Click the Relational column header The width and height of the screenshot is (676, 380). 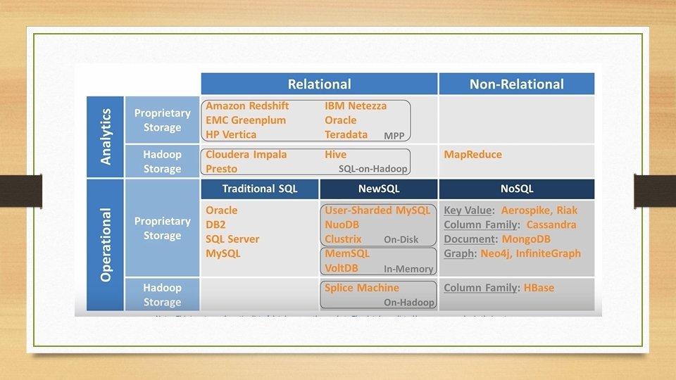pos(319,84)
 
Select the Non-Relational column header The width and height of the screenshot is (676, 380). pos(516,84)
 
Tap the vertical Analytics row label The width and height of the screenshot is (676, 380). pos(106,136)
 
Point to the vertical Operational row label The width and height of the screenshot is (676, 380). pos(106,244)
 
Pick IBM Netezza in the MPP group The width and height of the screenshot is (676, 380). pos(356,106)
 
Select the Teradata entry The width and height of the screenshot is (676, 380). pos(346,134)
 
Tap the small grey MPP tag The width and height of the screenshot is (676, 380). pos(394,136)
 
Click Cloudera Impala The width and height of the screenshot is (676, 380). pos(246,155)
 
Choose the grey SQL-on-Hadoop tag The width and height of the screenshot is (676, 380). pos(373,169)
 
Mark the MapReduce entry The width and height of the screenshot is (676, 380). pos(472,155)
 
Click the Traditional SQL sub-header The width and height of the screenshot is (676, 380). pos(259,189)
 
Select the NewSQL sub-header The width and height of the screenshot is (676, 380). pos(379,189)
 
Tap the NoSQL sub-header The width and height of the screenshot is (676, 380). pos(516,189)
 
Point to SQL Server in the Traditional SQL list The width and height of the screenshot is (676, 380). pos(232,239)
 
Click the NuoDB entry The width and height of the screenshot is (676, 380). pos(343,224)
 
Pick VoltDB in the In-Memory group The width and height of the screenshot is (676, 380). pos(342,268)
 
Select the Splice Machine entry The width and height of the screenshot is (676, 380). pos(361,288)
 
